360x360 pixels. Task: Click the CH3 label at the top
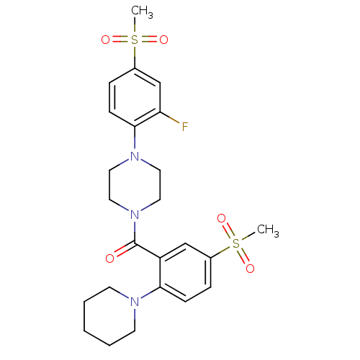[142, 12]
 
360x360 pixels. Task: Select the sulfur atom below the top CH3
[135, 40]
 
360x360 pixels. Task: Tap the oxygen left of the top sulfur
[105, 40]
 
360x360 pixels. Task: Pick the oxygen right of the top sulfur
[163, 40]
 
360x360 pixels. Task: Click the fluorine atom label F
[185, 127]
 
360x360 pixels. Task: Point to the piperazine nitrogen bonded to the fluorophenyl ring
[135, 156]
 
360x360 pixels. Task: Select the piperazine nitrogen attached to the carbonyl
[135, 215]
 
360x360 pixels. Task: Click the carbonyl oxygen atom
[109, 258]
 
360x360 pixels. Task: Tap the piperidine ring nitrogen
[135, 302]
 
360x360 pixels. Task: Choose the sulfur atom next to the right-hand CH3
[236, 243]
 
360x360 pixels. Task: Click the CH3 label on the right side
[268, 230]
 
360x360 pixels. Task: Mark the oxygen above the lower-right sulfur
[221, 218]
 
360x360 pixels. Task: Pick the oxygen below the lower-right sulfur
[250, 269]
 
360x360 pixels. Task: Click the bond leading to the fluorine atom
[170, 117]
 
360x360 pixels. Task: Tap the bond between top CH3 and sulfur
[135, 25]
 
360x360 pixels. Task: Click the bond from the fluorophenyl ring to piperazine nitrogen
[135, 138]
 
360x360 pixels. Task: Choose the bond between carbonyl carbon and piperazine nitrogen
[135, 233]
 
